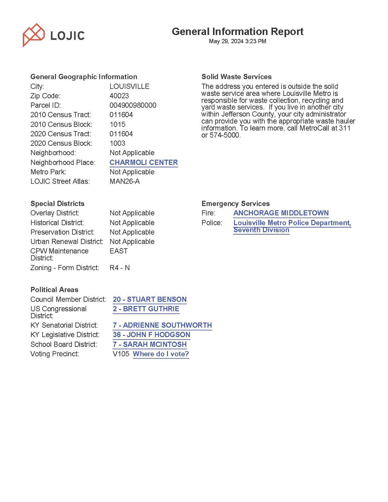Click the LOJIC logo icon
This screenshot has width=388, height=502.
pyautogui.click(x=34, y=35)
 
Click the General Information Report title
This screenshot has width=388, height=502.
pyautogui.click(x=237, y=32)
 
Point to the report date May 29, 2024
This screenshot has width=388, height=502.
pyautogui.click(x=237, y=41)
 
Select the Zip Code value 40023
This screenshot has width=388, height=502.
pyautogui.click(x=119, y=96)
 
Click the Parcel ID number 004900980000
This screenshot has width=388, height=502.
pyautogui.click(x=133, y=105)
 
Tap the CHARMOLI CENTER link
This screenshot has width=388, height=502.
pyautogui.click(x=143, y=162)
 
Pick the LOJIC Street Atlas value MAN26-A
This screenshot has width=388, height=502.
pyautogui.click(x=124, y=181)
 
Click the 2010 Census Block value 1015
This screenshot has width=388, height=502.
pyautogui.click(x=117, y=124)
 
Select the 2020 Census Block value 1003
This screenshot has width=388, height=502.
pyautogui.click(x=117, y=143)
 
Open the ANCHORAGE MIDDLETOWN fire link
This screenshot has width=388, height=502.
pyautogui.click(x=281, y=213)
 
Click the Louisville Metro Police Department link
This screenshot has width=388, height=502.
pyautogui.click(x=292, y=223)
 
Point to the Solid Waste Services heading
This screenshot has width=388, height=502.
pyautogui.click(x=236, y=77)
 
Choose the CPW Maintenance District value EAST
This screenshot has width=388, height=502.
pyautogui.click(x=119, y=251)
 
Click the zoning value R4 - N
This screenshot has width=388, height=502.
pyautogui.click(x=120, y=268)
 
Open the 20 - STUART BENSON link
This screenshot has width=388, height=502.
pyautogui.click(x=149, y=299)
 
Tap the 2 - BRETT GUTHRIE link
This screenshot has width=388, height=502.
pyautogui.click(x=146, y=309)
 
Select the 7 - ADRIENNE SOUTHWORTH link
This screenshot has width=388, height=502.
pyautogui.click(x=162, y=325)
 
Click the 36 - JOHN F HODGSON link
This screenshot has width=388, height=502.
pyautogui.click(x=151, y=335)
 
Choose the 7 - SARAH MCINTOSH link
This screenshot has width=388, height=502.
pyautogui.click(x=149, y=344)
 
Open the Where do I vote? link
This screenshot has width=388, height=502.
pyautogui.click(x=161, y=354)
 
